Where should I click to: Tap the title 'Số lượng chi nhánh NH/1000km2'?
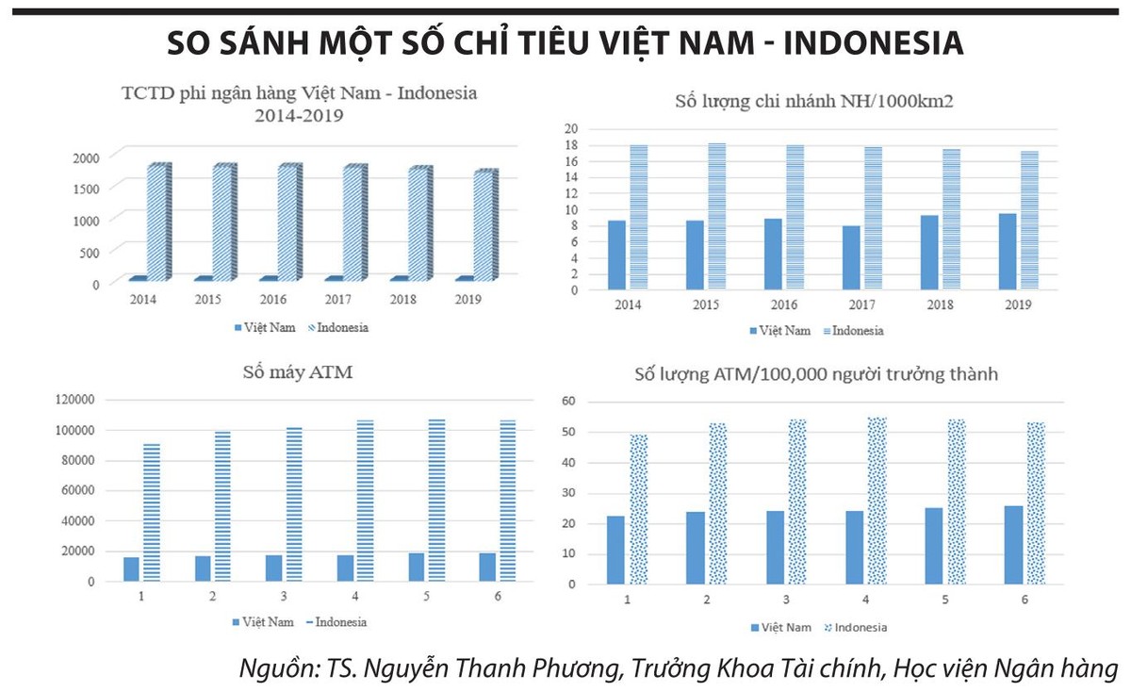(x=814, y=101)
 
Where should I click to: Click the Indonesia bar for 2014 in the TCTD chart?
(x=157, y=222)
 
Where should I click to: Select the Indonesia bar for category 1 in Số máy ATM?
(x=152, y=512)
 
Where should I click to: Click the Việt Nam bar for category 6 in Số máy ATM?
(x=487, y=567)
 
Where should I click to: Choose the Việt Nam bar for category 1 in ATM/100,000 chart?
(x=616, y=550)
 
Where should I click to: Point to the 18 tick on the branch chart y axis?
(x=571, y=145)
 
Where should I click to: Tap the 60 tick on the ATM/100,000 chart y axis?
(x=569, y=402)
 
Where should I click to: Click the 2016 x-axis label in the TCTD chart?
(x=272, y=300)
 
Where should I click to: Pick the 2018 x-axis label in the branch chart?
(x=939, y=305)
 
